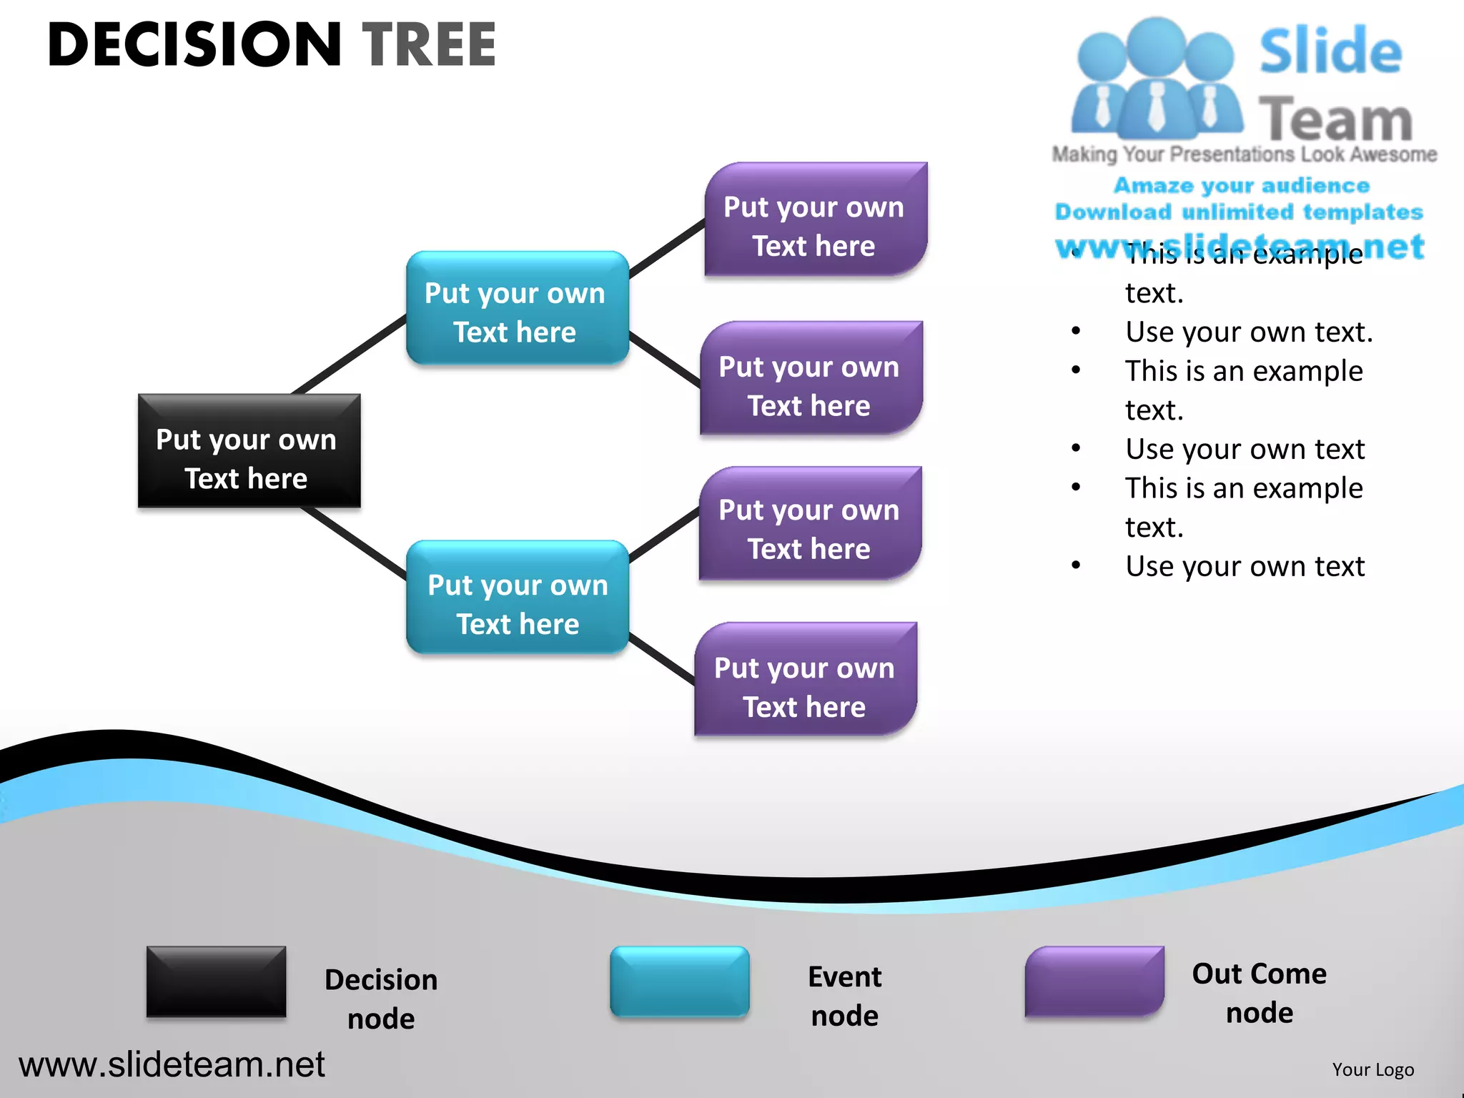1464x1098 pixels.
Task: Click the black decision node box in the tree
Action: coord(249,451)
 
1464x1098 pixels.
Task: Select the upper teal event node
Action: coord(517,308)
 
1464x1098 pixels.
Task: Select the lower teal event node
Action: coord(517,598)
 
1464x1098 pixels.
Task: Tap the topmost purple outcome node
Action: coord(815,220)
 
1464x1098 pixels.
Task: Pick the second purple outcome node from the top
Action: coord(811,379)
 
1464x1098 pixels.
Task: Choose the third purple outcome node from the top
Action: coord(810,524)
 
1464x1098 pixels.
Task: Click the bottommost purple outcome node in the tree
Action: coord(806,680)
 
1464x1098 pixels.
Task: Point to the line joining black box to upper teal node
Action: coord(349,355)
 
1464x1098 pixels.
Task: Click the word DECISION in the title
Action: coord(194,45)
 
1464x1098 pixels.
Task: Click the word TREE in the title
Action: coord(430,45)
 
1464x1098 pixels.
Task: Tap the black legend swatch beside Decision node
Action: coord(216,981)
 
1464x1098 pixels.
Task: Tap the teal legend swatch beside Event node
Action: coord(679,981)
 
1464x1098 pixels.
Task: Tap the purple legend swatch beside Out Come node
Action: coord(1094,981)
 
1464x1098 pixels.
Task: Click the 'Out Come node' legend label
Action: coord(1258,993)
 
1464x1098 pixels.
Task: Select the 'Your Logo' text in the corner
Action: coord(1372,1069)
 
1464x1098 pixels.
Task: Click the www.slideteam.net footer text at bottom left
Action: coord(172,1064)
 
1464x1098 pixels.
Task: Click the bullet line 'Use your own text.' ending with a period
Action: coord(1248,332)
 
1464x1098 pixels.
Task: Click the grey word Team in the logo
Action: coord(1335,119)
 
